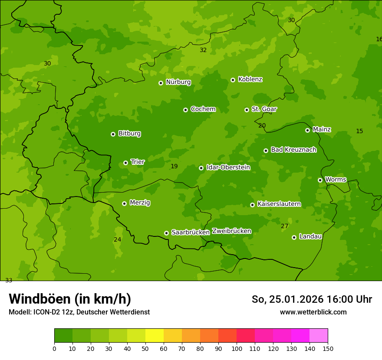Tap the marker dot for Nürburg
tap(161, 83)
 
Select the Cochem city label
tap(203, 109)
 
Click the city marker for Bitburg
tap(113, 134)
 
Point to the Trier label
tap(138, 162)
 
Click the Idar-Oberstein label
tap(228, 167)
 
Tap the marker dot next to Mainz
tap(307, 130)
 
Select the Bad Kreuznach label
tap(293, 150)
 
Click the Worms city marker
tap(320, 180)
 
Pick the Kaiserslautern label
tap(279, 204)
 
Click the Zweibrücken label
tap(231, 231)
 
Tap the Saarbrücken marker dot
tap(166, 233)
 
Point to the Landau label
tap(310, 237)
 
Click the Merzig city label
tap(140, 203)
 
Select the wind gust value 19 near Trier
tap(174, 167)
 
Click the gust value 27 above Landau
tap(284, 226)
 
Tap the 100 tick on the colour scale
tap(237, 348)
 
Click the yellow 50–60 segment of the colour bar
tap(155, 336)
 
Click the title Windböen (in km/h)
tap(70, 299)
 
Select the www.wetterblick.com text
tap(313, 312)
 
